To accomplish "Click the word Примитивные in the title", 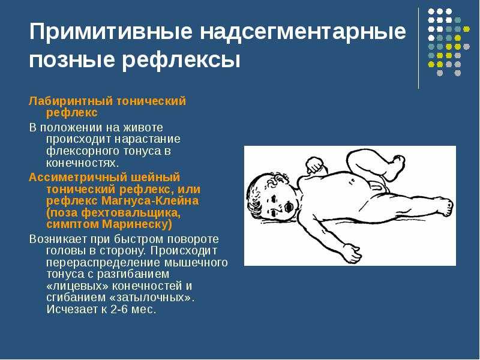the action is [x=110, y=32].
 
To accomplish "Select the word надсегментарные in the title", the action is [x=303, y=32].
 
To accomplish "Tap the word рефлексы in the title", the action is [x=181, y=60].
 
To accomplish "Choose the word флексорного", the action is [x=83, y=151].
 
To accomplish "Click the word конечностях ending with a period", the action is [x=82, y=163].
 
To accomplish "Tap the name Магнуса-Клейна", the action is [x=149, y=201].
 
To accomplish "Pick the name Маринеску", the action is [x=137, y=224].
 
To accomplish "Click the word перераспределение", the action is [x=103, y=263].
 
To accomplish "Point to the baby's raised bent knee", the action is [x=358, y=156].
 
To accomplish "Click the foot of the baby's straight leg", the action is [x=446, y=206].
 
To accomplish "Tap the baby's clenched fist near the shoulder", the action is [x=314, y=164].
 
